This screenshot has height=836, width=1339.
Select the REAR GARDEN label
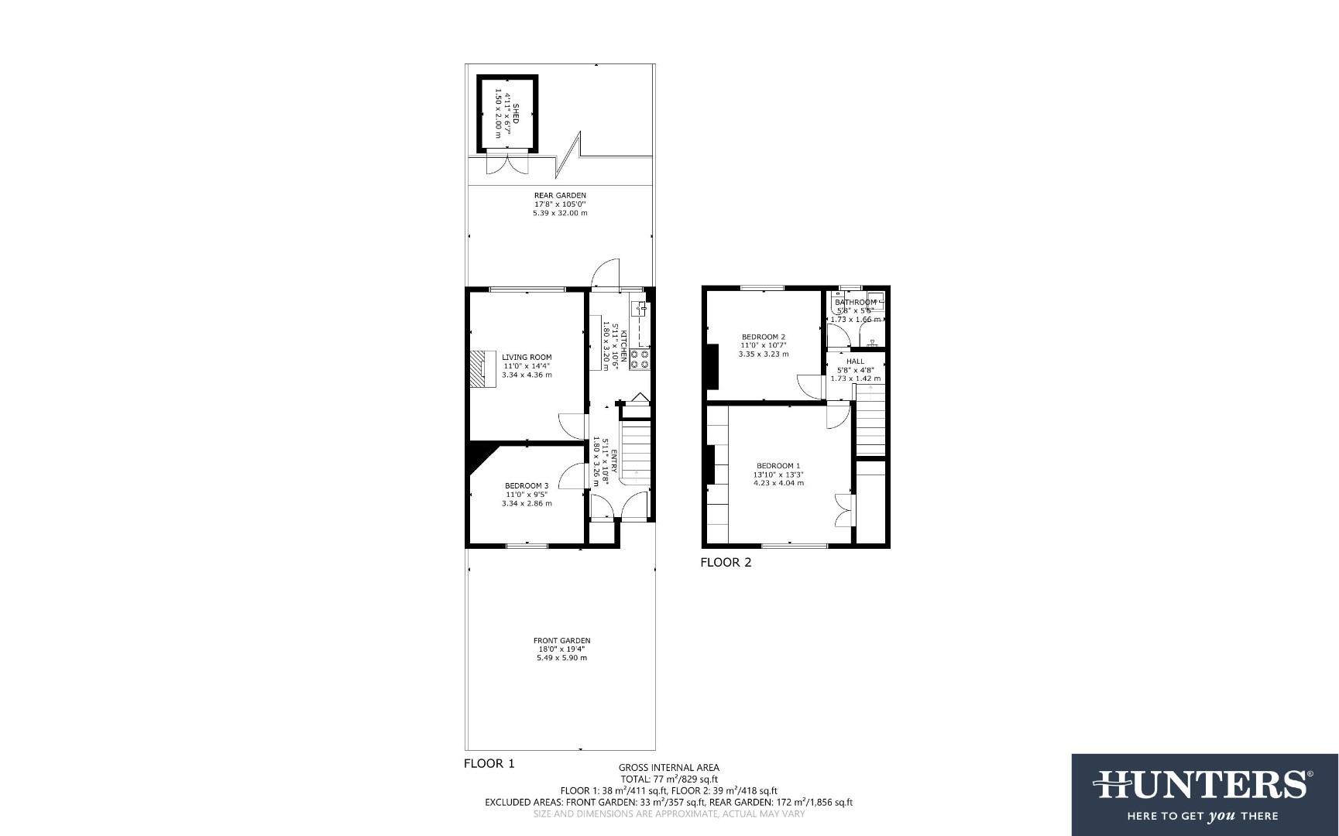pos(560,196)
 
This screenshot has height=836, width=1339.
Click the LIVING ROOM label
pos(527,358)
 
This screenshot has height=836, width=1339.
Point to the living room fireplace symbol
pos(482,368)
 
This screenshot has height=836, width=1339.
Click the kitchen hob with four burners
pos(640,358)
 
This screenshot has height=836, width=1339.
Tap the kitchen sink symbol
pos(640,310)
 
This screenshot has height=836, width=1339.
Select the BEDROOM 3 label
pos(527,486)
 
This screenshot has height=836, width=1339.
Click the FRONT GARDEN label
pos(561,640)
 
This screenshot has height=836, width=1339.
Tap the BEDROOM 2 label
pos(764,337)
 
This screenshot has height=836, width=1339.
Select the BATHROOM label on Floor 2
pos(855,302)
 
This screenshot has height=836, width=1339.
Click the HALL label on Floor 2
pos(855,361)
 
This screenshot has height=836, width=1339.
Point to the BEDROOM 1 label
pos(778,466)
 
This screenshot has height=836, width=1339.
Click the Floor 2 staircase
pos(870,422)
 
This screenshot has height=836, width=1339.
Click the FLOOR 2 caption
pos(726,563)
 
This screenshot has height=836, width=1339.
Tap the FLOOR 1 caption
pos(489,764)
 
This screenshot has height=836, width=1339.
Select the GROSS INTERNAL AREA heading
pos(668,768)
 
